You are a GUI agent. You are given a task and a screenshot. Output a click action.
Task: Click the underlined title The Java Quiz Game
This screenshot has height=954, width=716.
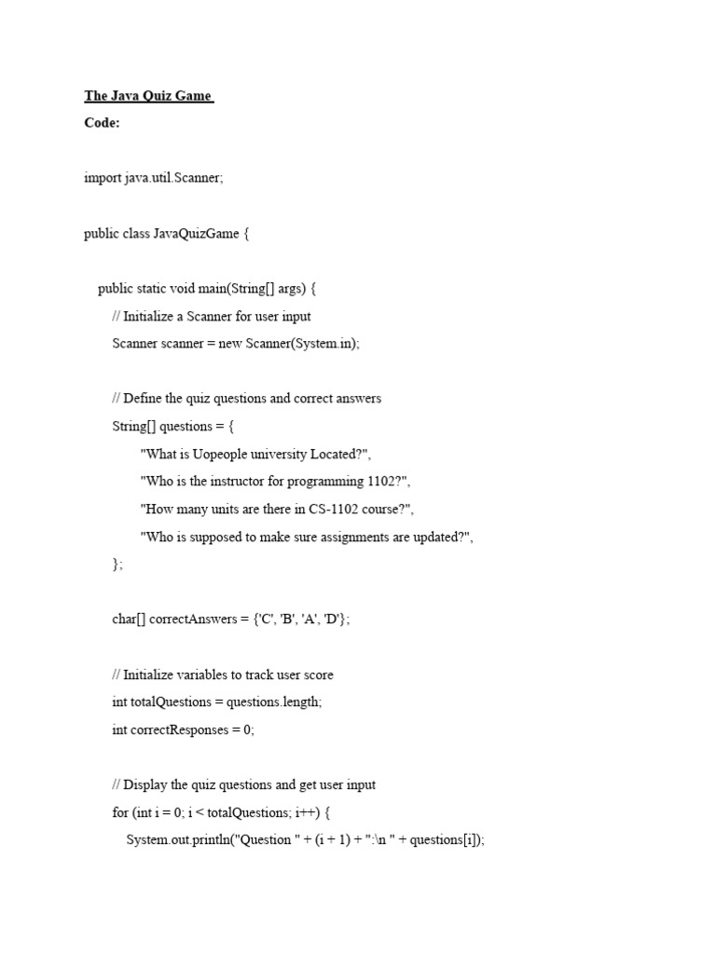(148, 96)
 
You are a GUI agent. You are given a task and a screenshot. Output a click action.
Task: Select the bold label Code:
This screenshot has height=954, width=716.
(102, 123)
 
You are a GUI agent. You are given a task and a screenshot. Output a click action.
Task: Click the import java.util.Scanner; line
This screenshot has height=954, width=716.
(154, 178)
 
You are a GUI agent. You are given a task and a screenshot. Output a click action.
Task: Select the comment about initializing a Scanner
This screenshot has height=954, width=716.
(212, 317)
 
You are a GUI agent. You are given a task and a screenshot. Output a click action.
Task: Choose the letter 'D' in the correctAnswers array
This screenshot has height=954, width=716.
(336, 620)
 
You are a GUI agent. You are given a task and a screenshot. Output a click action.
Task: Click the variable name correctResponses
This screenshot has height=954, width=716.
(177, 729)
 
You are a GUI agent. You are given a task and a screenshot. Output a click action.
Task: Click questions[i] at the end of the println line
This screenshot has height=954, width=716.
(447, 840)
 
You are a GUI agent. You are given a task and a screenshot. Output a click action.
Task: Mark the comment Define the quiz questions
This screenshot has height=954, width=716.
(246, 399)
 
